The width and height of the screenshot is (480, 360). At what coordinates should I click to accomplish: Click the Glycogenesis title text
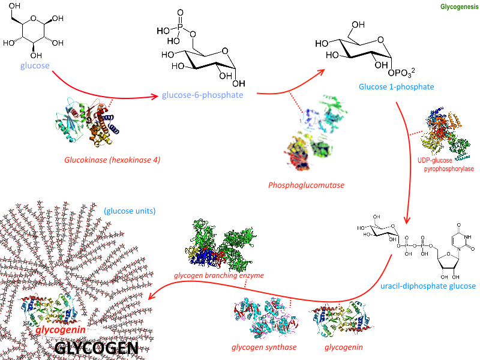[458, 7]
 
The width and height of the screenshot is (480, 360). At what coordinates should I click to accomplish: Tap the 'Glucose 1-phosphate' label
[396, 87]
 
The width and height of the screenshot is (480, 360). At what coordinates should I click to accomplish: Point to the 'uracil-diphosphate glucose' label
[428, 286]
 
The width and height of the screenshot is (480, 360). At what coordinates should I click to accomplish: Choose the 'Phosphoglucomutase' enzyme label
[307, 185]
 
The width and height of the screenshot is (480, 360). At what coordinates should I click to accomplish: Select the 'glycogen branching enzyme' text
[218, 275]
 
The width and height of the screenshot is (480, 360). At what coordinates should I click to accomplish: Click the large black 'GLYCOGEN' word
[96, 348]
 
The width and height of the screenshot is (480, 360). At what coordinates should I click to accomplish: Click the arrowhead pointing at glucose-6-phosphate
[155, 96]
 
